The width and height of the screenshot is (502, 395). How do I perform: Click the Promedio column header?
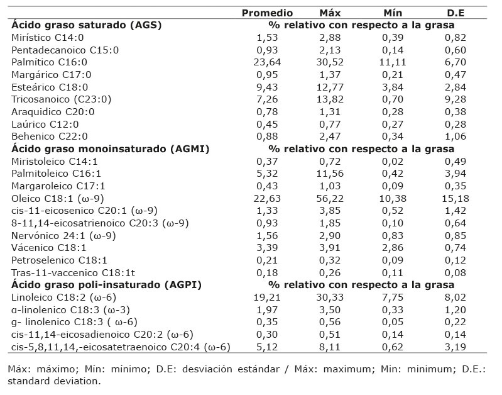[x=267, y=13]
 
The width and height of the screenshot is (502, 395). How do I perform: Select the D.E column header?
[x=456, y=13]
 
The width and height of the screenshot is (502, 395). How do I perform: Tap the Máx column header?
[x=330, y=13]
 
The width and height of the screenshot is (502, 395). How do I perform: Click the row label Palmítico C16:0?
[x=49, y=62]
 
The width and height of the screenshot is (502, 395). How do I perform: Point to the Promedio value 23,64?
[x=267, y=62]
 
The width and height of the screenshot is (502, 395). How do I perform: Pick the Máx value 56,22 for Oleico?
[x=330, y=199]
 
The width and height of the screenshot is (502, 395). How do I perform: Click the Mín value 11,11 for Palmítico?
[x=393, y=62]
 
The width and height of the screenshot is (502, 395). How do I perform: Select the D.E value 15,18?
[x=456, y=199]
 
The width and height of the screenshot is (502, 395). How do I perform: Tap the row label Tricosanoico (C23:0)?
[x=61, y=99]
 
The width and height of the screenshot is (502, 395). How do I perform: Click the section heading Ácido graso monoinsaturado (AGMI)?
[x=110, y=149]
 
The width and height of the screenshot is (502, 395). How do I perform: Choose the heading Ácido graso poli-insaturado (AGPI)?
[x=106, y=285]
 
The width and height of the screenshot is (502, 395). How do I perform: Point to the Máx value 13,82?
[x=330, y=99]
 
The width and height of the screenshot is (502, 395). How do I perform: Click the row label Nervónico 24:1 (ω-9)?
[x=63, y=236]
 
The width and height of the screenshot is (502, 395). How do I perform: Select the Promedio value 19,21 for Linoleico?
[x=267, y=298]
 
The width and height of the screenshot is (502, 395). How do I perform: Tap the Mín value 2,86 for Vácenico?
[x=393, y=248]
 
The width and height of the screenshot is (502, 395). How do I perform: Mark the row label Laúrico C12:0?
[x=45, y=124]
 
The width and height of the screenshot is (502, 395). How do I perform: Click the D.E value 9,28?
[x=456, y=99]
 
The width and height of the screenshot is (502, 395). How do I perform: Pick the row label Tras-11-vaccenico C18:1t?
[x=73, y=273]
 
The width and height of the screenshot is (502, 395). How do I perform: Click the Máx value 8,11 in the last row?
[x=330, y=347]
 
